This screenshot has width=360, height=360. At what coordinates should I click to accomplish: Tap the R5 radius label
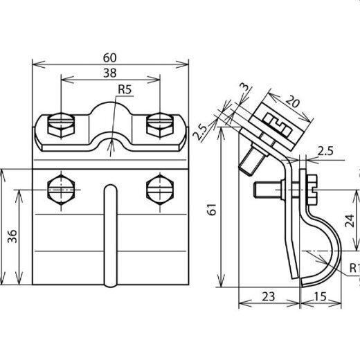[x=125, y=89]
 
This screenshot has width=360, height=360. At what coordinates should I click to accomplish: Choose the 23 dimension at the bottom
[x=269, y=296]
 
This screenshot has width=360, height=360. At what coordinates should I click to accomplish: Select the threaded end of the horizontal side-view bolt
[x=266, y=189]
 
